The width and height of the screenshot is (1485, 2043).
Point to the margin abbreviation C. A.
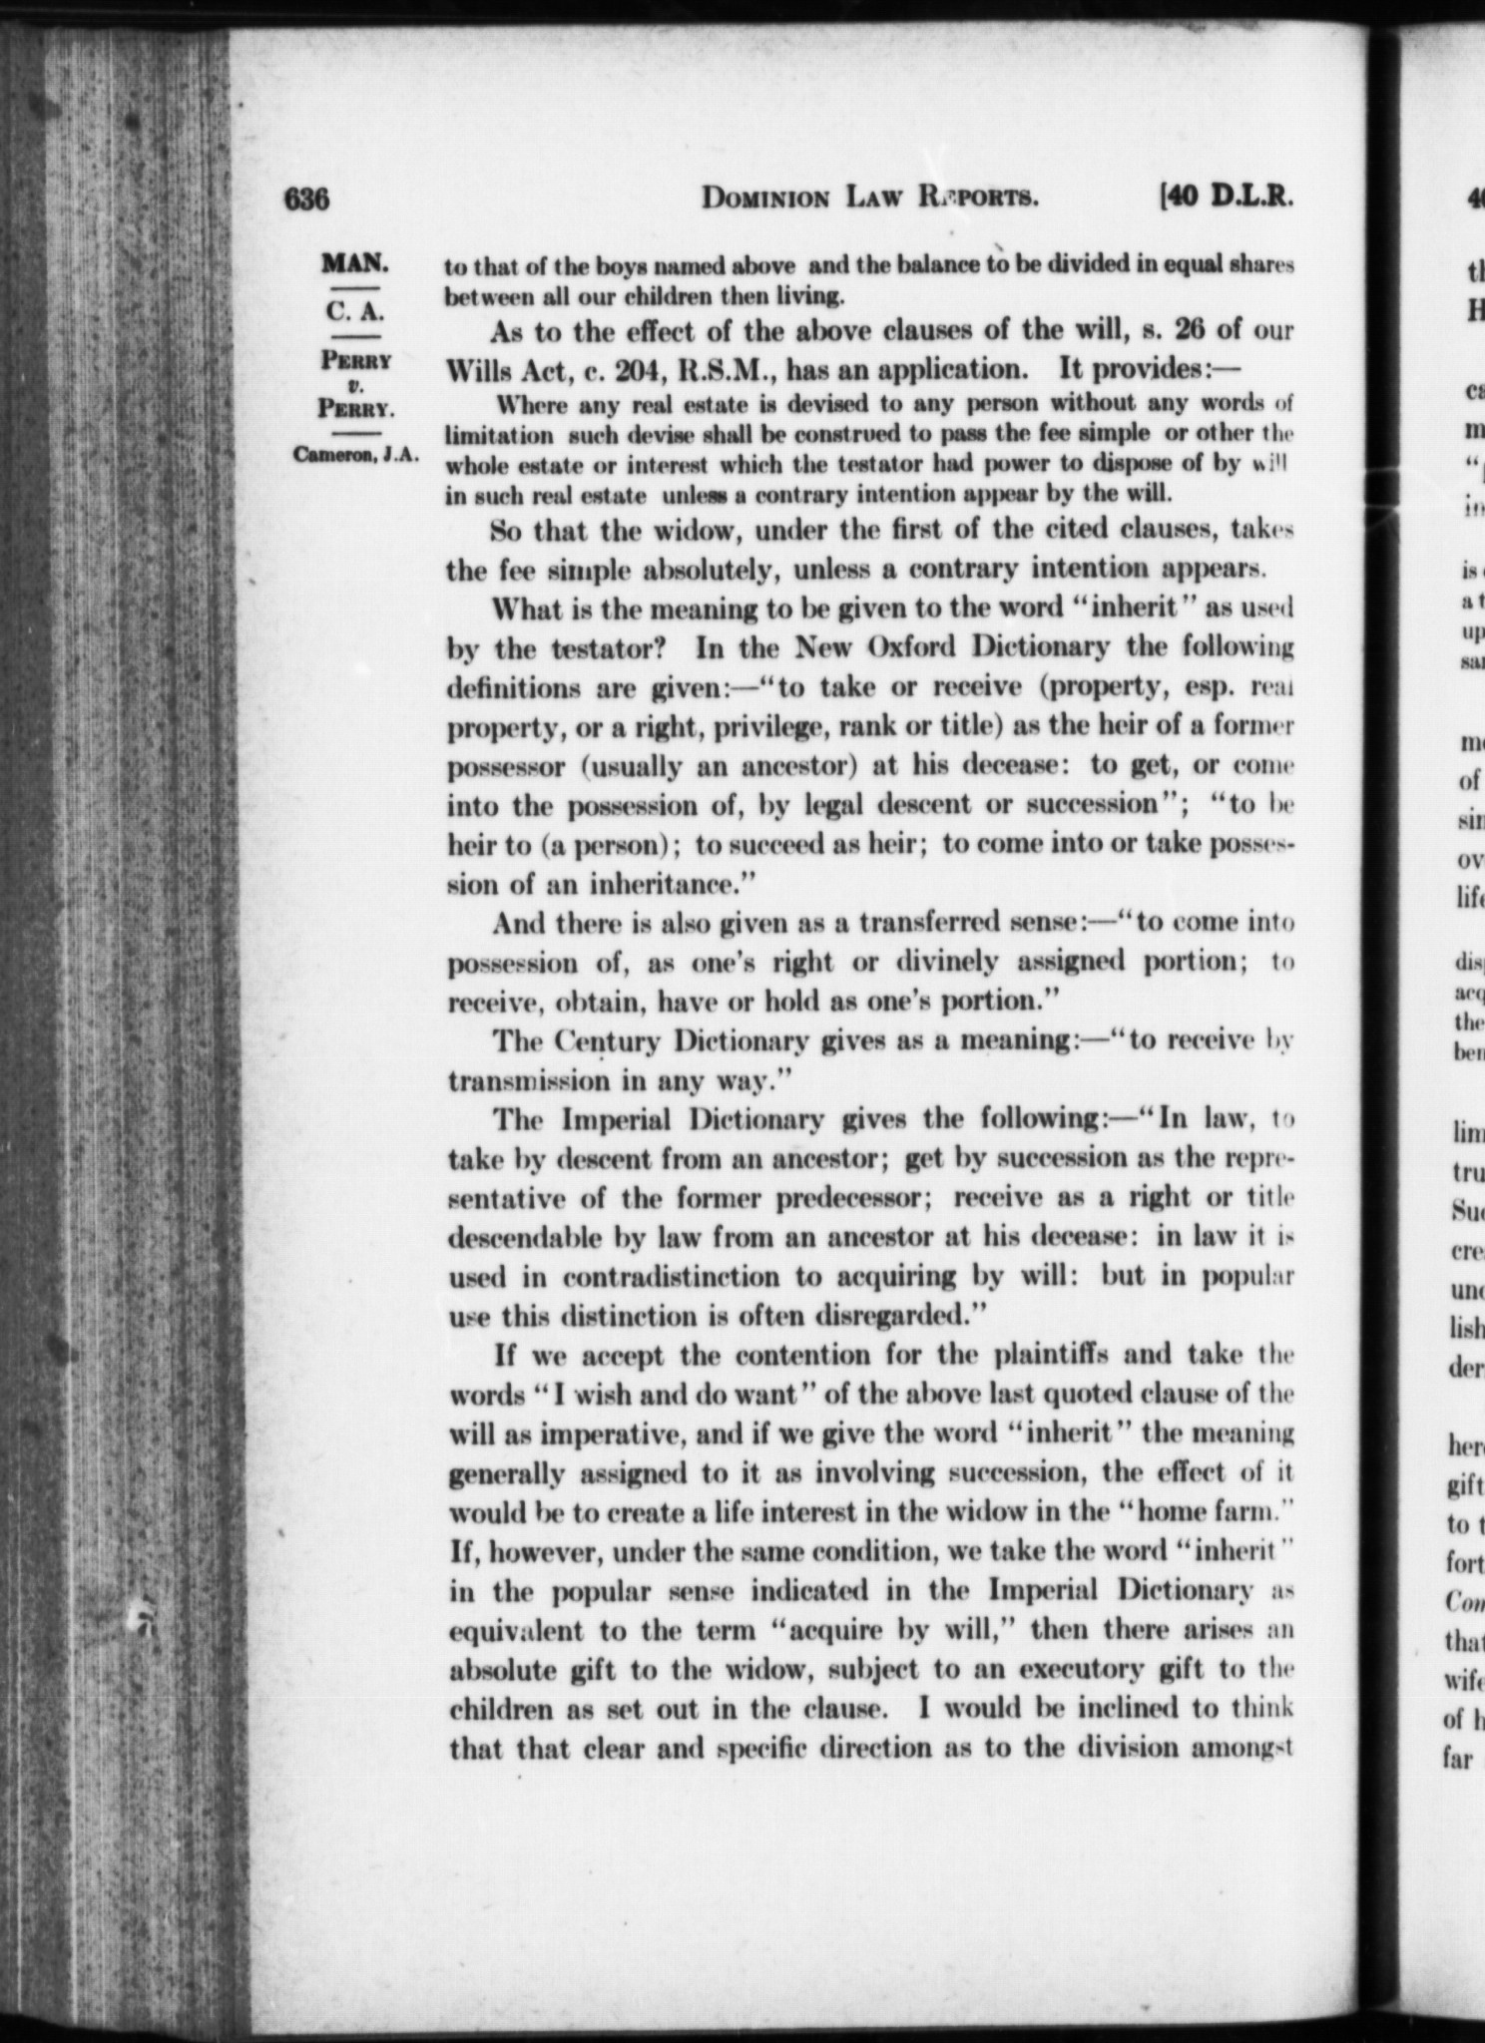point(354,311)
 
